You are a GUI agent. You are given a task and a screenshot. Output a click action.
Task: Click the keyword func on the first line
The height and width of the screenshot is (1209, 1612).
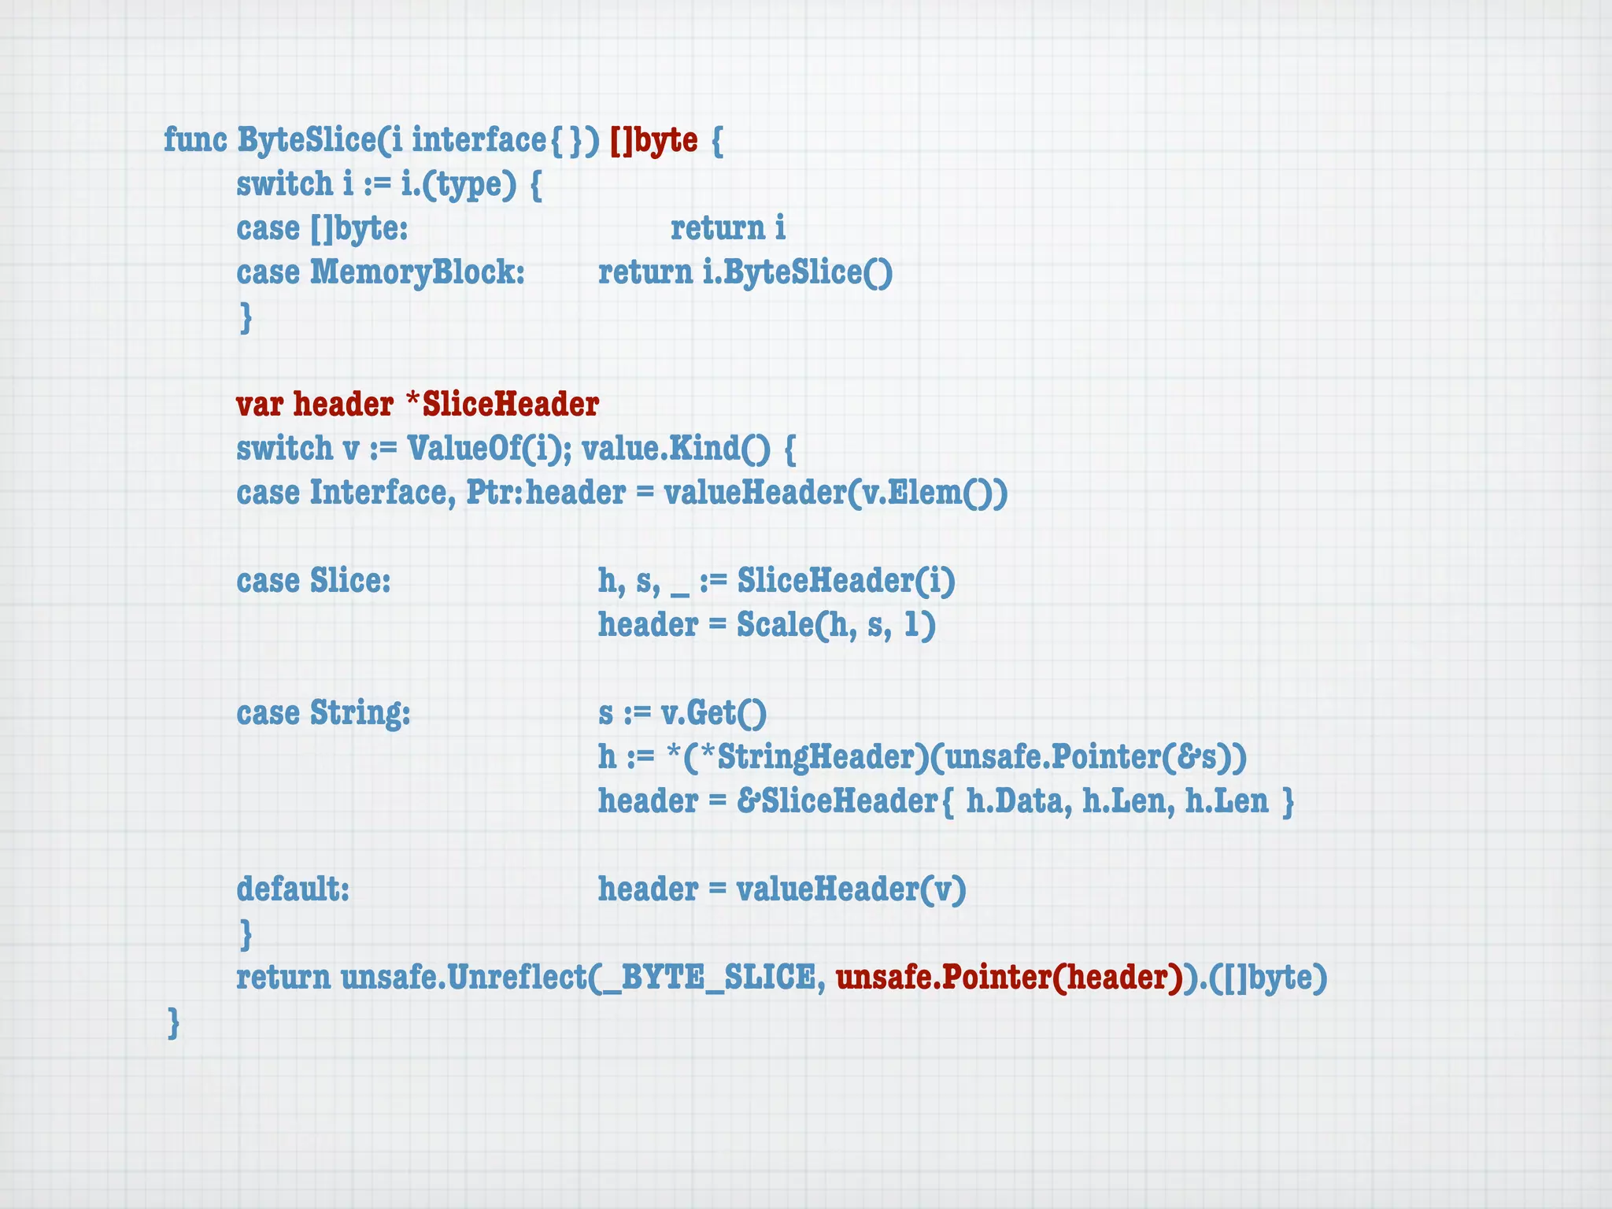(194, 140)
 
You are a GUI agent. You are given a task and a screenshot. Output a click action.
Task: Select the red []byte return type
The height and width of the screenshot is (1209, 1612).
(653, 140)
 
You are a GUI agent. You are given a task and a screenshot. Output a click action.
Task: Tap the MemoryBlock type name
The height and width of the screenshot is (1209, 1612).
(417, 272)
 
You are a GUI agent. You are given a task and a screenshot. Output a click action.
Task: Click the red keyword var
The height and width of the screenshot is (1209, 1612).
(260, 405)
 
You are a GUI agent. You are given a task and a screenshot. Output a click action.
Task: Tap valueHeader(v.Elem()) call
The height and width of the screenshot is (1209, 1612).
(835, 493)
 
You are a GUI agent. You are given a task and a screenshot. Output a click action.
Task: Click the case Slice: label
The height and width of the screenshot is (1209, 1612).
(313, 581)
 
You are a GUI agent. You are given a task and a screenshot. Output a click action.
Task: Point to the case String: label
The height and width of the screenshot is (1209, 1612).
(324, 713)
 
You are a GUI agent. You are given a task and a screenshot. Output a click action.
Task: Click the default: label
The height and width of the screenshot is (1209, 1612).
(293, 889)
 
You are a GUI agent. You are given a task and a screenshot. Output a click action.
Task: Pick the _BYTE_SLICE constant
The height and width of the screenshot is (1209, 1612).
(718, 978)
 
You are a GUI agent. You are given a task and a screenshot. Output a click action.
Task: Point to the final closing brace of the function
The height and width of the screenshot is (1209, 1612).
(174, 1022)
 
